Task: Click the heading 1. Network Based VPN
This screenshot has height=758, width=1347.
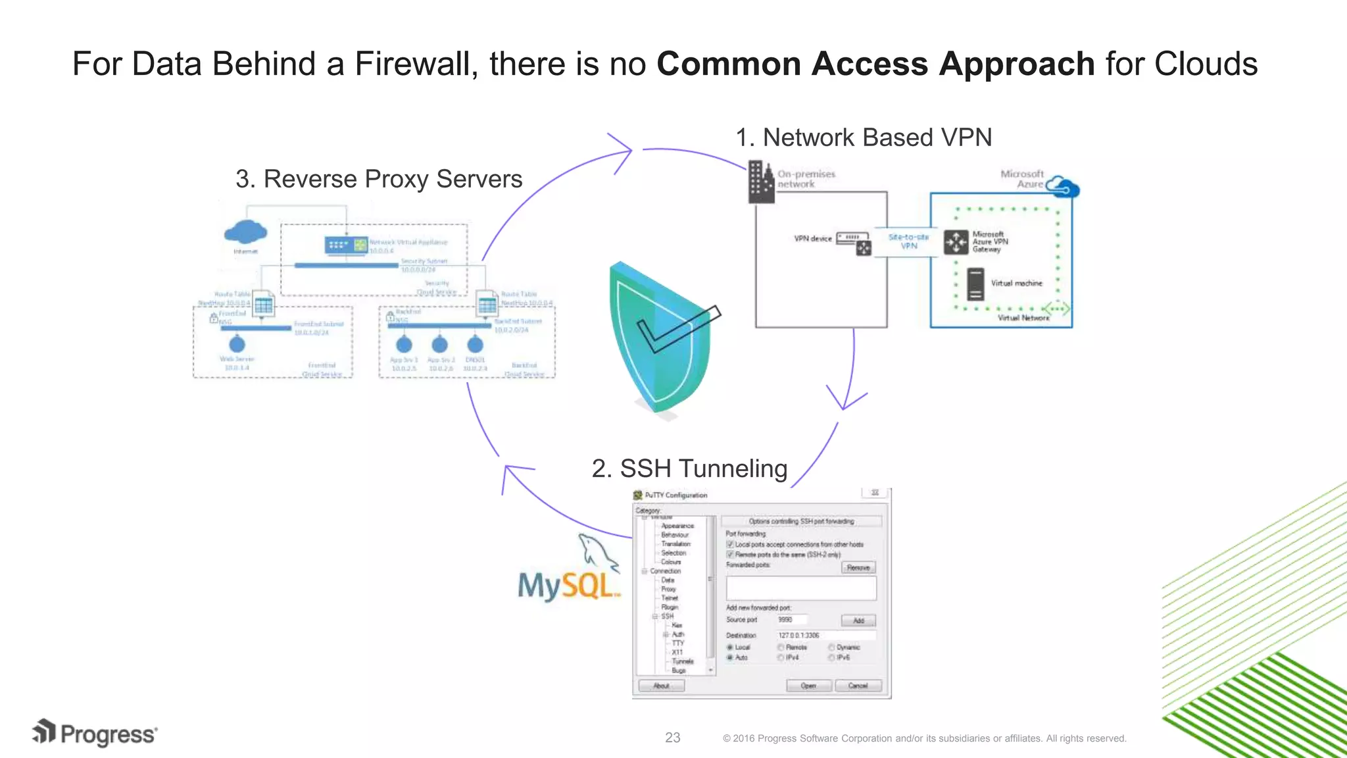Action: coord(863,138)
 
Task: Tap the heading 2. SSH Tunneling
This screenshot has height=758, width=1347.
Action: coord(689,468)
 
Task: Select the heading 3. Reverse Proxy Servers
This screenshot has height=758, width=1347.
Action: coord(379,179)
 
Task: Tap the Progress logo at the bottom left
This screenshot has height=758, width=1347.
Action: coord(95,734)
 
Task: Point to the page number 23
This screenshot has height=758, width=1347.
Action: coord(672,738)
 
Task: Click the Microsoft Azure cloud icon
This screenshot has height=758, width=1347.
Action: coord(1062,187)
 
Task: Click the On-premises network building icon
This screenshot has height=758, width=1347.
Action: coord(761,182)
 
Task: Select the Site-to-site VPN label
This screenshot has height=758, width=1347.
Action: coord(908,241)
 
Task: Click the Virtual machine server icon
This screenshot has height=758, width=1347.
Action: coord(975,284)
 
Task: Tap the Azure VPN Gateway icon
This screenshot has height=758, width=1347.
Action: coord(956,242)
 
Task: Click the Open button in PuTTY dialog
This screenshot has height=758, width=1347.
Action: coord(808,686)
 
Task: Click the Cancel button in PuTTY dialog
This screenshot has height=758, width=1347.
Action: coord(858,686)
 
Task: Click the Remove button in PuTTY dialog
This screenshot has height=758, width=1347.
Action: coord(858,567)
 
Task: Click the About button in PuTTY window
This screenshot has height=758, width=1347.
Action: coord(661,686)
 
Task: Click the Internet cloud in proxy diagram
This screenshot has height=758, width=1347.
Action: coord(245,232)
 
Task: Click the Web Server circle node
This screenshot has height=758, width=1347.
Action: coord(237,344)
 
